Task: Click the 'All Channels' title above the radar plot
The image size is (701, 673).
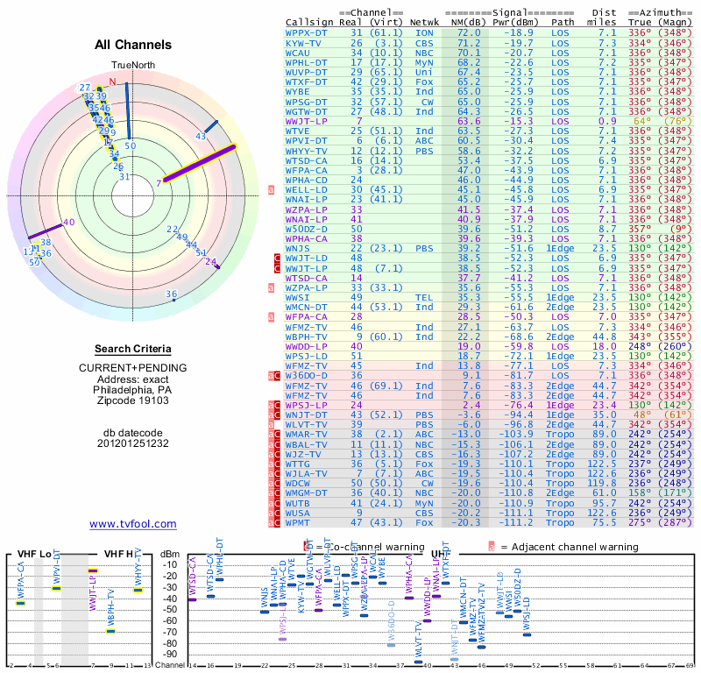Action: pyautogui.click(x=132, y=45)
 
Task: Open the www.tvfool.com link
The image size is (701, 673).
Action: pyautogui.click(x=132, y=524)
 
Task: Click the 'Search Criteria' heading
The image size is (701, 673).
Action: pyautogui.click(x=132, y=349)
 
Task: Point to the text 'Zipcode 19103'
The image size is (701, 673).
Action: pyautogui.click(x=132, y=402)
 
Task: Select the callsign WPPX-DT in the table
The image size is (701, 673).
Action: pyautogui.click(x=307, y=32)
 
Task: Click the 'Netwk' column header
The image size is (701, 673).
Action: pyautogui.click(x=424, y=22)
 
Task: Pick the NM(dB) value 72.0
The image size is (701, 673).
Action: pyautogui.click(x=467, y=32)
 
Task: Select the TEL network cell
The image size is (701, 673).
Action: pyautogui.click(x=424, y=298)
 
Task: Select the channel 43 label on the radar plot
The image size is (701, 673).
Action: pyautogui.click(x=201, y=136)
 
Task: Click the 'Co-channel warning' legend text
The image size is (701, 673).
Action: pyautogui.click(x=354, y=547)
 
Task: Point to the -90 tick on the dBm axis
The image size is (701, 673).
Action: pyautogui.click(x=169, y=654)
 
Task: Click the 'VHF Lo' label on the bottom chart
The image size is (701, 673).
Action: pyautogui.click(x=32, y=554)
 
